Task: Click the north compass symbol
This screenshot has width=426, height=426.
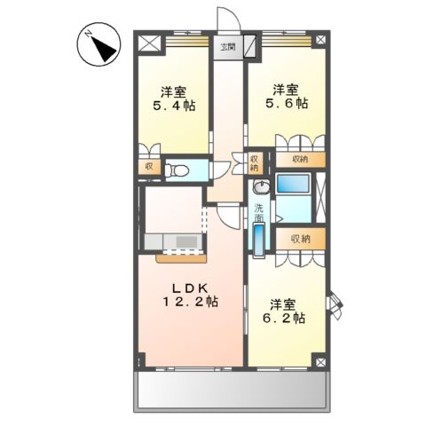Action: click(x=100, y=44)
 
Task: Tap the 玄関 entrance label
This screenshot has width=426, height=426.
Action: click(x=230, y=48)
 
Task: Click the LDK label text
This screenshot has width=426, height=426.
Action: click(x=189, y=288)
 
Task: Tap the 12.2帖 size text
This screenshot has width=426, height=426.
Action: click(x=190, y=303)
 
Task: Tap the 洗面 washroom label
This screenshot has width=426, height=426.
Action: click(x=258, y=214)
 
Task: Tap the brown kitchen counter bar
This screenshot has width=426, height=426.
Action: click(x=181, y=258)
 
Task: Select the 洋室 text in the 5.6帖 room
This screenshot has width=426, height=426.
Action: click(x=285, y=89)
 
